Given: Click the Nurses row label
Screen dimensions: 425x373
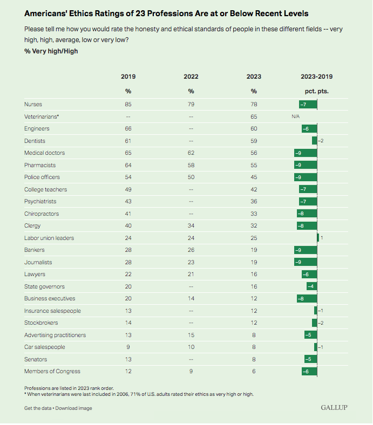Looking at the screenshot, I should pyautogui.click(x=33, y=104).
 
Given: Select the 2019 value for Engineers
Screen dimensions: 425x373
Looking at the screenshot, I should pyautogui.click(x=128, y=128).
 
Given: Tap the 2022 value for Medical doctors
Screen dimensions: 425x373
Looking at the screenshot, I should pyautogui.click(x=191, y=153).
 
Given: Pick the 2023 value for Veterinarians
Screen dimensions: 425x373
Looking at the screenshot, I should pyautogui.click(x=254, y=116).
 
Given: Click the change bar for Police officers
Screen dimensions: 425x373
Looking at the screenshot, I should pyautogui.click(x=306, y=177).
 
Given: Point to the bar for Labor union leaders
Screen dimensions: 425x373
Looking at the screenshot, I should pyautogui.click(x=318, y=238).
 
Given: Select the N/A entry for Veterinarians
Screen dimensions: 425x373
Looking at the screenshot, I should pyautogui.click(x=295, y=116).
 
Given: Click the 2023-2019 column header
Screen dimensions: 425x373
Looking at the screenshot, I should pyautogui.click(x=317, y=77).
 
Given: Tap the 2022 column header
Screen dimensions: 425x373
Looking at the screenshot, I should pyautogui.click(x=191, y=77).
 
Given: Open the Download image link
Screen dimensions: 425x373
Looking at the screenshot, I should pyautogui.click(x=73, y=408).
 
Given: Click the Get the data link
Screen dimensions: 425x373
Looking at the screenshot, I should pyautogui.click(x=37, y=408).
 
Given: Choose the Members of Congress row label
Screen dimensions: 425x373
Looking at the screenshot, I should pyautogui.click(x=52, y=372).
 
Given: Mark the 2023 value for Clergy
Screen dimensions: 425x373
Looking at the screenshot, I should pyautogui.click(x=254, y=226).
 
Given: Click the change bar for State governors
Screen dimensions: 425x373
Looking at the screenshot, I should pyautogui.click(x=312, y=286).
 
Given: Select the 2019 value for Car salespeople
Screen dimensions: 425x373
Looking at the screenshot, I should pyautogui.click(x=128, y=347).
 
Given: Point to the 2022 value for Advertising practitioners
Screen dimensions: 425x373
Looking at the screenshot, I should pyautogui.click(x=191, y=335).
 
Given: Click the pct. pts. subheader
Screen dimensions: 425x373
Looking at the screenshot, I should pyautogui.click(x=317, y=91).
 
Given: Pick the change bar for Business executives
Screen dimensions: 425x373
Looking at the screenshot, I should pyautogui.click(x=307, y=299).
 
